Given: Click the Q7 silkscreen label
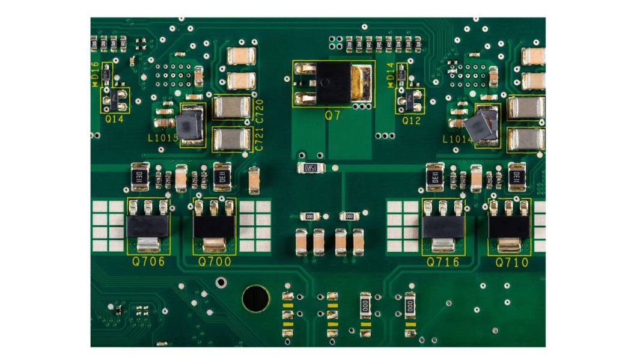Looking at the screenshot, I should [332, 116].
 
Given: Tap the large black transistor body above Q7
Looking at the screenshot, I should [333, 83].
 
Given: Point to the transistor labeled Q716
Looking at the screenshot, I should [443, 226].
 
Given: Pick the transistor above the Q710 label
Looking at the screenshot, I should [509, 226].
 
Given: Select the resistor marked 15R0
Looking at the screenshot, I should [311, 168].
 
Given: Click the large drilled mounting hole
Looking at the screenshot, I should [255, 298].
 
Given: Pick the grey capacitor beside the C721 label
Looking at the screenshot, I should [231, 139].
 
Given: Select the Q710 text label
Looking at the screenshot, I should [511, 262].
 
